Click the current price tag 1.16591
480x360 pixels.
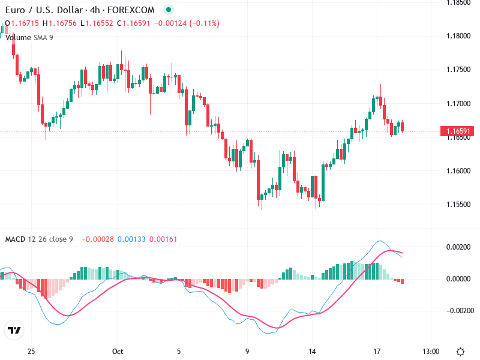458,131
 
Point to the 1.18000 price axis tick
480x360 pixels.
458,36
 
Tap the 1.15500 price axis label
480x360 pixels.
458,205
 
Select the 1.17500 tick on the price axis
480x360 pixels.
458,70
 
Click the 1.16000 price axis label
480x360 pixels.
458,171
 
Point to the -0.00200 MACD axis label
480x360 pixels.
456,311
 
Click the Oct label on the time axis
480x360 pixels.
118,351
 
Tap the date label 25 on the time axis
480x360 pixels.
32,351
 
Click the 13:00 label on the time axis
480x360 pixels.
431,351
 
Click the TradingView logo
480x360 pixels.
14,331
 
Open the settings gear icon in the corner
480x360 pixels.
461,351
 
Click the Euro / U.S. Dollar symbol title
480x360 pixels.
41,10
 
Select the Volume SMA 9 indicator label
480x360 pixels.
29,37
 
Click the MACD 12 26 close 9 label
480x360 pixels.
39,239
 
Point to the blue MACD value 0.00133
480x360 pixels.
130,239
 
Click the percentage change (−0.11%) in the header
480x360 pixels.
205,23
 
